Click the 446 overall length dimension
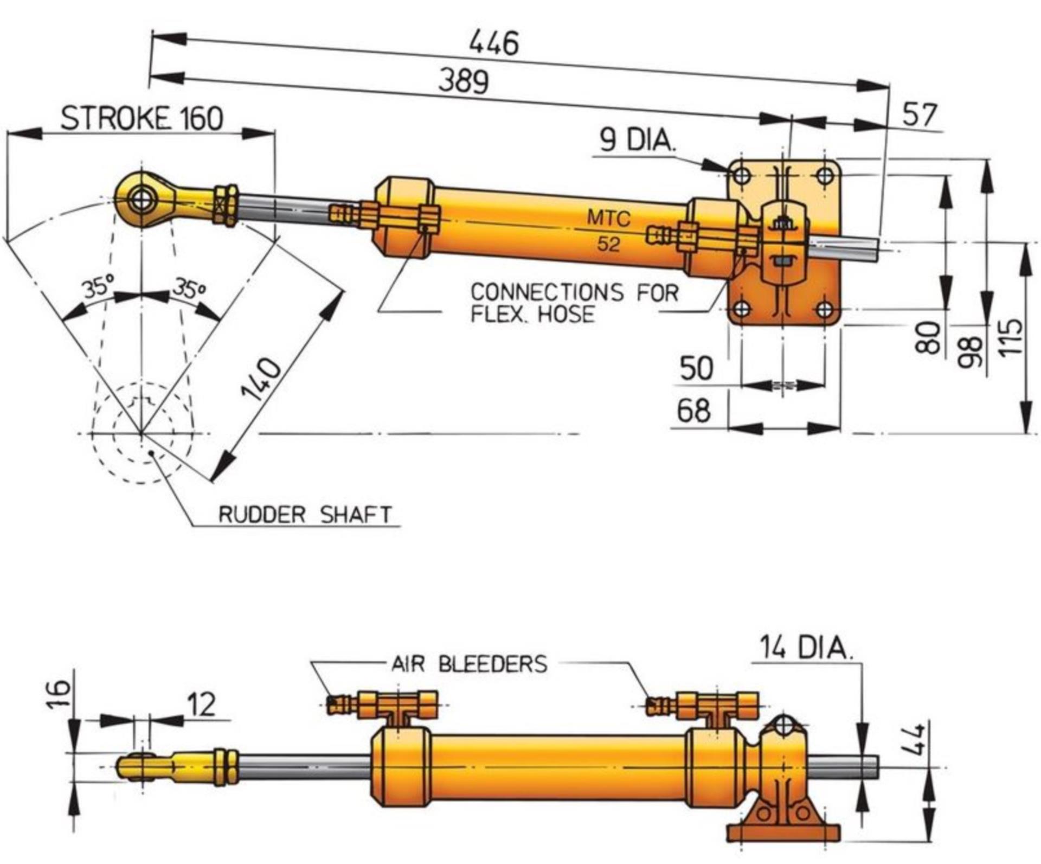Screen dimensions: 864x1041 (494, 43)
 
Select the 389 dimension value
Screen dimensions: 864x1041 (464, 81)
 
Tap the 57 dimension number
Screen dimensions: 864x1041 (920, 115)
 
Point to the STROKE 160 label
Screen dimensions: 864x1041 (142, 118)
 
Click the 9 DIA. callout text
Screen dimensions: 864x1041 (638, 140)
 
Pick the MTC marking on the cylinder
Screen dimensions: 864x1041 (609, 219)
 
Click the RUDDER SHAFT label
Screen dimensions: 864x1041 (305, 514)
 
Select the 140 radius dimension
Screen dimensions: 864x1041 (262, 379)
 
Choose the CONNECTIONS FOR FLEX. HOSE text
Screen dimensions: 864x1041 (574, 303)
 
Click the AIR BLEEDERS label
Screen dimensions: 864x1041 (470, 664)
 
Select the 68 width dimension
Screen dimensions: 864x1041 (693, 411)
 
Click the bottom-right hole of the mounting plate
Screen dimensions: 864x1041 (825, 310)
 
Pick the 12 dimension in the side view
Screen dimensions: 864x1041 (201, 704)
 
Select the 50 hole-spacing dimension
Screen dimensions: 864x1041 (696, 368)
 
